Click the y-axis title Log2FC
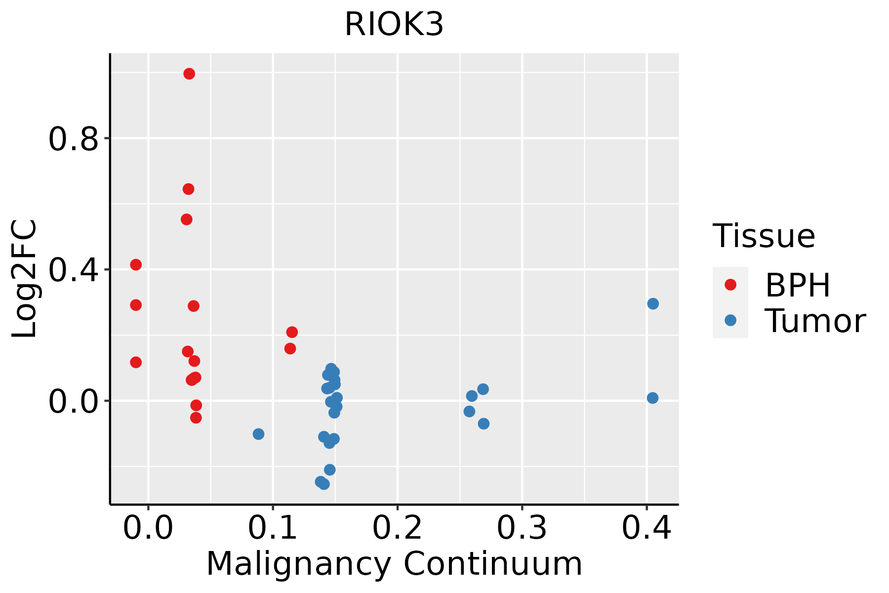click(x=25, y=279)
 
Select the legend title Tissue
click(x=764, y=236)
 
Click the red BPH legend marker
click(x=730, y=285)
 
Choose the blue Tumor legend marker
click(x=730, y=320)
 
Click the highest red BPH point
click(x=189, y=74)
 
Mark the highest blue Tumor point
click(x=653, y=303)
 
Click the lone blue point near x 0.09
click(x=258, y=434)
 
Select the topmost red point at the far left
click(x=136, y=265)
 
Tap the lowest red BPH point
click(x=196, y=418)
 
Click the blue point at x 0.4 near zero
click(x=652, y=398)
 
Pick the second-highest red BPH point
click(x=189, y=189)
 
